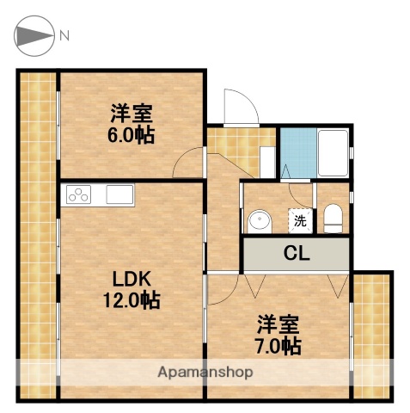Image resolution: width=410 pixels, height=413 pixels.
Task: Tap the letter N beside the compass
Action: click(x=64, y=36)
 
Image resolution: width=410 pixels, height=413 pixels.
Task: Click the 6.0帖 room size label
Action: click(x=132, y=135)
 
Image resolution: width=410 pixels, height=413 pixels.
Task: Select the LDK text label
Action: click(x=133, y=279)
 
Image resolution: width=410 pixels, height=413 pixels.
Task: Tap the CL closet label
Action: click(x=297, y=254)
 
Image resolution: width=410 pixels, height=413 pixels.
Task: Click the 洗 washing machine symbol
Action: click(x=300, y=220)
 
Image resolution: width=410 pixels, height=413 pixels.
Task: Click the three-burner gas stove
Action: click(x=80, y=195)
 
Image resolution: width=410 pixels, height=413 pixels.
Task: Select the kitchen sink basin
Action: click(x=119, y=195)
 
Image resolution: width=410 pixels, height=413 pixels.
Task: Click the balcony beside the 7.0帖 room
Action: click(x=373, y=336)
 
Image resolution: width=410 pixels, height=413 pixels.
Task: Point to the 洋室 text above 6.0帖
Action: click(x=132, y=114)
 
